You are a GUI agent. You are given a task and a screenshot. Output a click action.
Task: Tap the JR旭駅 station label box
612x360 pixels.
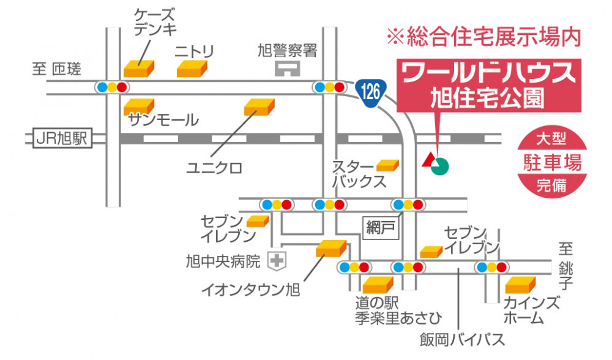coord(59,139)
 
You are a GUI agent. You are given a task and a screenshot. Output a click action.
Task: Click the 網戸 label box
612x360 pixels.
coord(382,228)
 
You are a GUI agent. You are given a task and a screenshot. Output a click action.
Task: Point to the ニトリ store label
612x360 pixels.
coord(195,52)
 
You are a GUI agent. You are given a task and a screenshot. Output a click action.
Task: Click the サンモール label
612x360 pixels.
coord(163,120)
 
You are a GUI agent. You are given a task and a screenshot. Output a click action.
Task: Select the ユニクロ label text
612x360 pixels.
coord(215,168)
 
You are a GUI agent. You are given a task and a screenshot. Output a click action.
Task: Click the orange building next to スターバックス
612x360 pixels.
coord(387,165)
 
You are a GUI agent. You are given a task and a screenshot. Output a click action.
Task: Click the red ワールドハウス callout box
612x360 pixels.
coord(488,86)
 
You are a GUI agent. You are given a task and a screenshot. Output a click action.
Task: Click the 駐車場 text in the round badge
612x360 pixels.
coord(551,162)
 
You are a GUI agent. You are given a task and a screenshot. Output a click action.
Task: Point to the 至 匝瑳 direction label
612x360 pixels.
coord(56,69)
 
